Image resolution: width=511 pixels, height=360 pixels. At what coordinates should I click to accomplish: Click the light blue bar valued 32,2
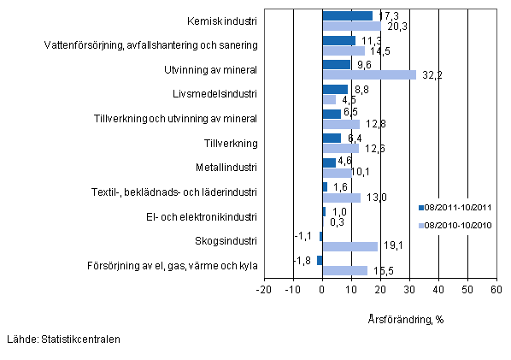(x=369, y=75)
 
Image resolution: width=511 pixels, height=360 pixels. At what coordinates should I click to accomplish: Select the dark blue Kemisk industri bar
(x=347, y=15)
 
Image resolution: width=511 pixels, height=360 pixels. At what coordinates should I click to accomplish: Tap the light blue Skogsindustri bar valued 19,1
(x=349, y=246)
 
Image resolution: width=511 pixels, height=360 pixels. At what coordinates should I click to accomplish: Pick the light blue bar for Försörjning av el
(x=344, y=271)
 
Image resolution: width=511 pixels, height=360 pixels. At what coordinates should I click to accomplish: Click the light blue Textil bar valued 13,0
(x=341, y=198)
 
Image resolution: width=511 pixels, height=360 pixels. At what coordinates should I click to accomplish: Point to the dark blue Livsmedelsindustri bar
(x=335, y=89)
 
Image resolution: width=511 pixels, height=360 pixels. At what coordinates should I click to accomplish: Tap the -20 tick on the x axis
(x=265, y=291)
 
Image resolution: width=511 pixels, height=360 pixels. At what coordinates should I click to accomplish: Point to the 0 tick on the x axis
(x=322, y=291)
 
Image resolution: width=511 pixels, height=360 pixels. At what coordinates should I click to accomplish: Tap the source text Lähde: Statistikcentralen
(x=62, y=339)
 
